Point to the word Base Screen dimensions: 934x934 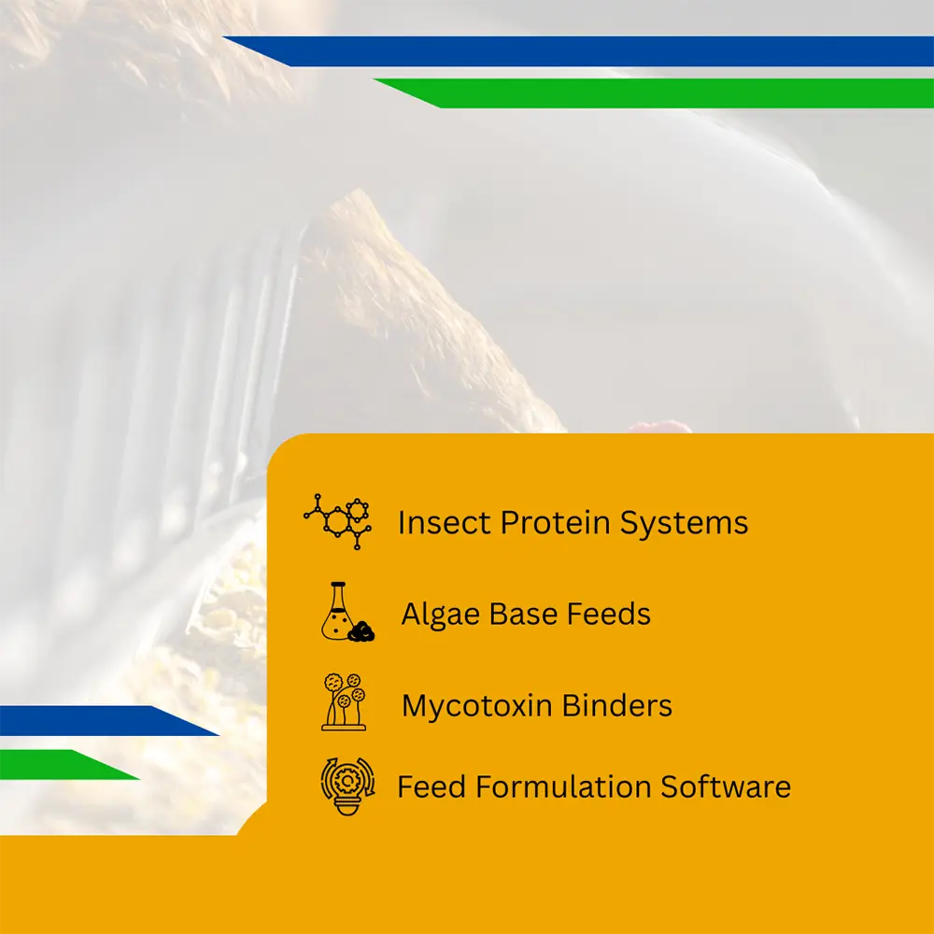[x=523, y=615]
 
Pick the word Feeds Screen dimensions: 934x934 [x=608, y=615]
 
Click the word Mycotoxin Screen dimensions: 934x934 [x=477, y=706]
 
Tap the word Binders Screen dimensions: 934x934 [x=617, y=705]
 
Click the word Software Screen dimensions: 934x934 [x=726, y=786]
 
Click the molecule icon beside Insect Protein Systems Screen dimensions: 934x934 [x=338, y=522]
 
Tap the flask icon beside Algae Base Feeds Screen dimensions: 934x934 [x=347, y=612]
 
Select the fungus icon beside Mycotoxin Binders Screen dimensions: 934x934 [x=344, y=702]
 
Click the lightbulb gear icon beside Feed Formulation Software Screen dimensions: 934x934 [x=347, y=786]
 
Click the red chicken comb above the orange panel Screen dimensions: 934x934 [x=661, y=427]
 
